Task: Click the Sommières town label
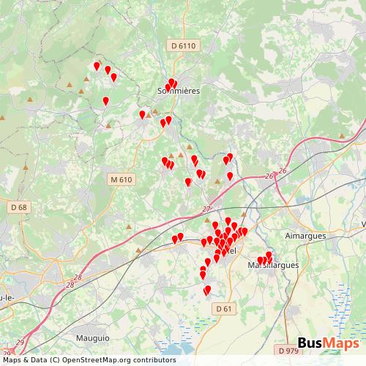tap(178, 90)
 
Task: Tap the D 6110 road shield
tap(184, 45)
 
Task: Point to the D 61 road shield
tap(225, 309)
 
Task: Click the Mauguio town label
tap(92, 338)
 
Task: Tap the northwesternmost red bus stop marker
tap(97, 66)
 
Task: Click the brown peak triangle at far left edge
tap(3, 117)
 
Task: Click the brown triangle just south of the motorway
tap(138, 250)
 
